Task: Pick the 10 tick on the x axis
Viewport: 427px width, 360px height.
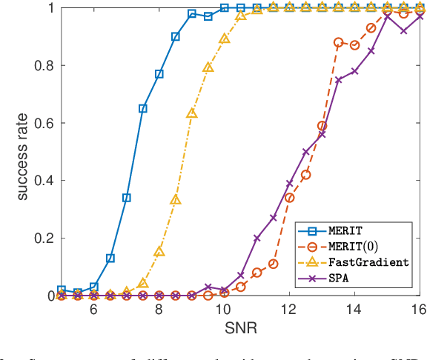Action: pos(224,309)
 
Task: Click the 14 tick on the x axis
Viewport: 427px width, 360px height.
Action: pos(354,309)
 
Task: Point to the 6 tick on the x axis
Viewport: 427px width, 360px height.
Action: pos(94,309)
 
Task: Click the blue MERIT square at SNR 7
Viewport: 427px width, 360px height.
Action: pos(127,198)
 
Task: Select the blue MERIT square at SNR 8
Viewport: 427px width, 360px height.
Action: pos(159,74)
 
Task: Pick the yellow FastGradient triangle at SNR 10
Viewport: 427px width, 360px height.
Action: pos(225,38)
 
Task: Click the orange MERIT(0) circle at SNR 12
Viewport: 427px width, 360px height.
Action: pos(290,198)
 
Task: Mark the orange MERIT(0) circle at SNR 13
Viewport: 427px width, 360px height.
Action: pos(322,126)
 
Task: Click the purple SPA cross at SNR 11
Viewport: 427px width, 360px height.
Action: pos(257,239)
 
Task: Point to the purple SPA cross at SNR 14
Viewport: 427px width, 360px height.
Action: pos(355,71)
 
